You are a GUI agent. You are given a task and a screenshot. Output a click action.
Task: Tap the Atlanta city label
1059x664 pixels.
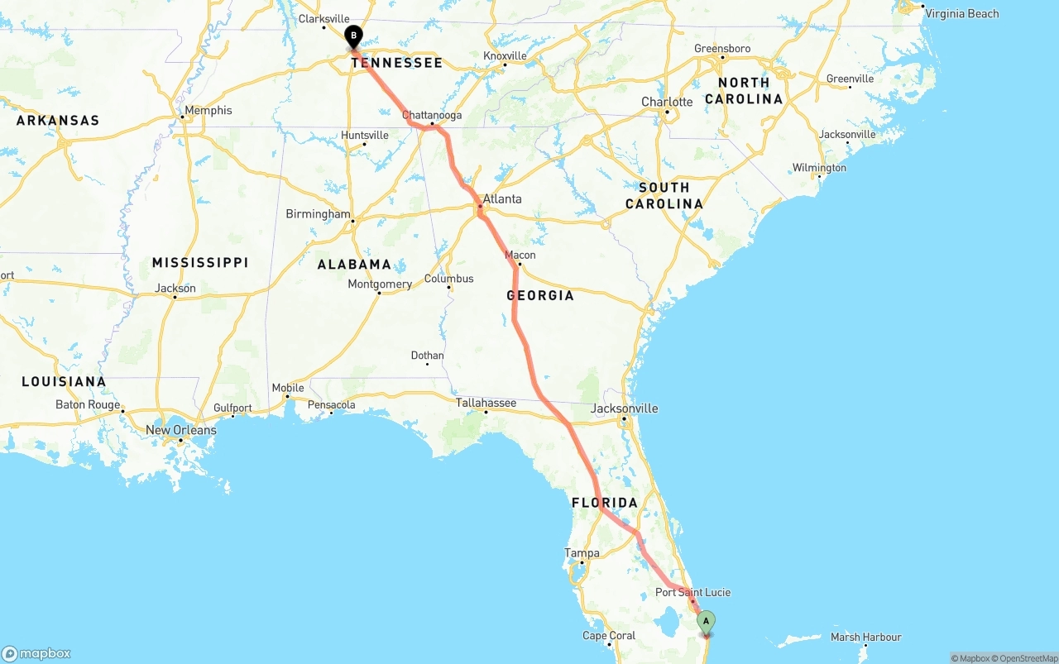502,199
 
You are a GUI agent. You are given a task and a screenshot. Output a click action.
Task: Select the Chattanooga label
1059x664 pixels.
432,115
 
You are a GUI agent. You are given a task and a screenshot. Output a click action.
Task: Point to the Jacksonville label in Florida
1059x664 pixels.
625,408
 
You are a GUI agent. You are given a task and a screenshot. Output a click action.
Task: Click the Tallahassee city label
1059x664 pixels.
486,403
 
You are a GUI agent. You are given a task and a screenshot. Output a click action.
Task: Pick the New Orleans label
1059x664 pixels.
180,430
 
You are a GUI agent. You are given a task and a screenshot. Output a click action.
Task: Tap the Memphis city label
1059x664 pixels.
208,110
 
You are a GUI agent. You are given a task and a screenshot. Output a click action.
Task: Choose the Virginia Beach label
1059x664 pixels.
961,13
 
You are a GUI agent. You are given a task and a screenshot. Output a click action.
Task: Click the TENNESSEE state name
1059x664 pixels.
397,63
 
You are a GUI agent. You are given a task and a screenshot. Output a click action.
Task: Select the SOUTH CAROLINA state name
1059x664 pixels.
664,196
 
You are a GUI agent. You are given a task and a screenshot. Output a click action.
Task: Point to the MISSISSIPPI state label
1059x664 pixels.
200,263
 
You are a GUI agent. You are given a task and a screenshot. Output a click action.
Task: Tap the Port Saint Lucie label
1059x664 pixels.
692,592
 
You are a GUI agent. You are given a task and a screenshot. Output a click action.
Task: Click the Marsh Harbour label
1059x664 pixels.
865,637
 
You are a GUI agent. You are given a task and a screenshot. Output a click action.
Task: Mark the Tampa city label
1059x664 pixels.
582,552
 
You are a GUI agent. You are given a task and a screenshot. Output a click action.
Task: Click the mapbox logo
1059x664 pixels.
36,653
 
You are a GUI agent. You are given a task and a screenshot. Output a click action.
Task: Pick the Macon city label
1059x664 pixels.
520,255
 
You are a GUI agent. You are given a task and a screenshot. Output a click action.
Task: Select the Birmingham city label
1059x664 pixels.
318,214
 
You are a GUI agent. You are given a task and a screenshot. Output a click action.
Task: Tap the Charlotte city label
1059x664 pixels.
667,102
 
